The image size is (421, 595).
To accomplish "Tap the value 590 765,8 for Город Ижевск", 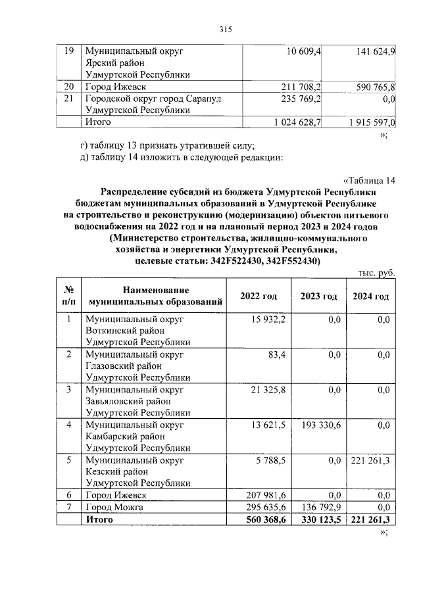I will tap(372, 87).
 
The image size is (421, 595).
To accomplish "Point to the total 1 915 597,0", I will tap(364, 122).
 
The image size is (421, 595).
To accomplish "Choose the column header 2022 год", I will tap(259, 297).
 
